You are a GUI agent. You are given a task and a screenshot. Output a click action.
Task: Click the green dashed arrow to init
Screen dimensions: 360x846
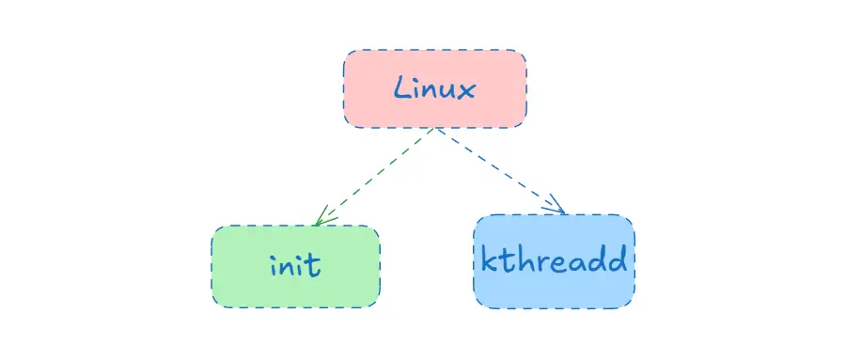pyautogui.click(x=376, y=177)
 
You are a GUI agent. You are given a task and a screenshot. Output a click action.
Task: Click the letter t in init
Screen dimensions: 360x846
pyautogui.click(x=315, y=264)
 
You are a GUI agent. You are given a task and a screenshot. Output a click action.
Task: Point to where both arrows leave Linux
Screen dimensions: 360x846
pyautogui.click(x=435, y=129)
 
